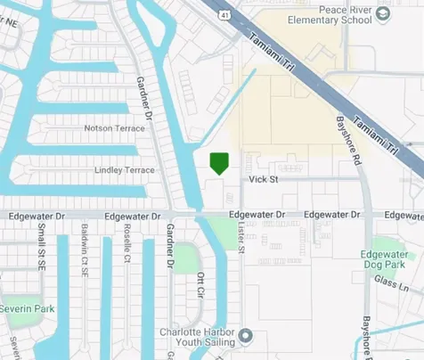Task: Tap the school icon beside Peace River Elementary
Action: [x=383, y=12]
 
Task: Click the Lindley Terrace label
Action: [x=124, y=170]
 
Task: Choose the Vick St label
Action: [x=264, y=179]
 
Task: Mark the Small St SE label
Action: [x=41, y=242]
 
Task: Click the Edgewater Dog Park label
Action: [x=388, y=259]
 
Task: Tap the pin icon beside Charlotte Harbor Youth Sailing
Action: [x=247, y=336]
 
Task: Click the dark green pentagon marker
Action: [x=219, y=163]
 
